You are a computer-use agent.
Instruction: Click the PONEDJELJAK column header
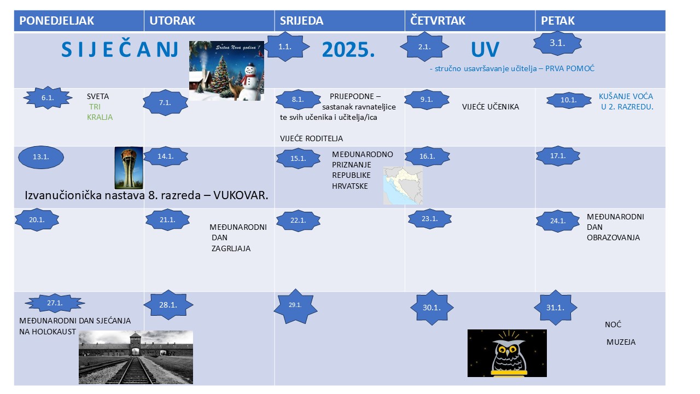pos(56,21)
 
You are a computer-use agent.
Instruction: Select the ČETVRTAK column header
pos(437,21)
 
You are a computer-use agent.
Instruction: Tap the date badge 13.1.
pos(41,157)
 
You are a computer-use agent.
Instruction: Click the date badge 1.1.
pos(285,47)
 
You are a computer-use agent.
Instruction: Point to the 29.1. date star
pos(295,305)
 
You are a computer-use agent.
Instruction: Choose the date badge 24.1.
pos(558,221)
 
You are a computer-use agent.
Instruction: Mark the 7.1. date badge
pos(165,102)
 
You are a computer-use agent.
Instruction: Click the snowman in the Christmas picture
pos(250,82)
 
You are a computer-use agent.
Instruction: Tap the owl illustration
pos(507,353)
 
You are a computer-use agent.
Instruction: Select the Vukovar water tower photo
pos(129,168)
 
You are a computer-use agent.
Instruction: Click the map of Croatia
pos(403,186)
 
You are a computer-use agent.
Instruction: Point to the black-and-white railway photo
pos(136,357)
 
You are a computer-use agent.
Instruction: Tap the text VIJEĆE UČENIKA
pos(491,107)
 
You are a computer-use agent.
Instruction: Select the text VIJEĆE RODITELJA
pos(311,138)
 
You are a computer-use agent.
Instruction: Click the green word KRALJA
pos(100,117)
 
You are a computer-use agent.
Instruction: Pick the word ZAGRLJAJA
pos(231,248)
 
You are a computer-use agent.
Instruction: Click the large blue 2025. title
pos(348,50)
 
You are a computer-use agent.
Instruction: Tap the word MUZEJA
pos(621,342)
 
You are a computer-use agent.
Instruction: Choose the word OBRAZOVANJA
pos(613,237)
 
